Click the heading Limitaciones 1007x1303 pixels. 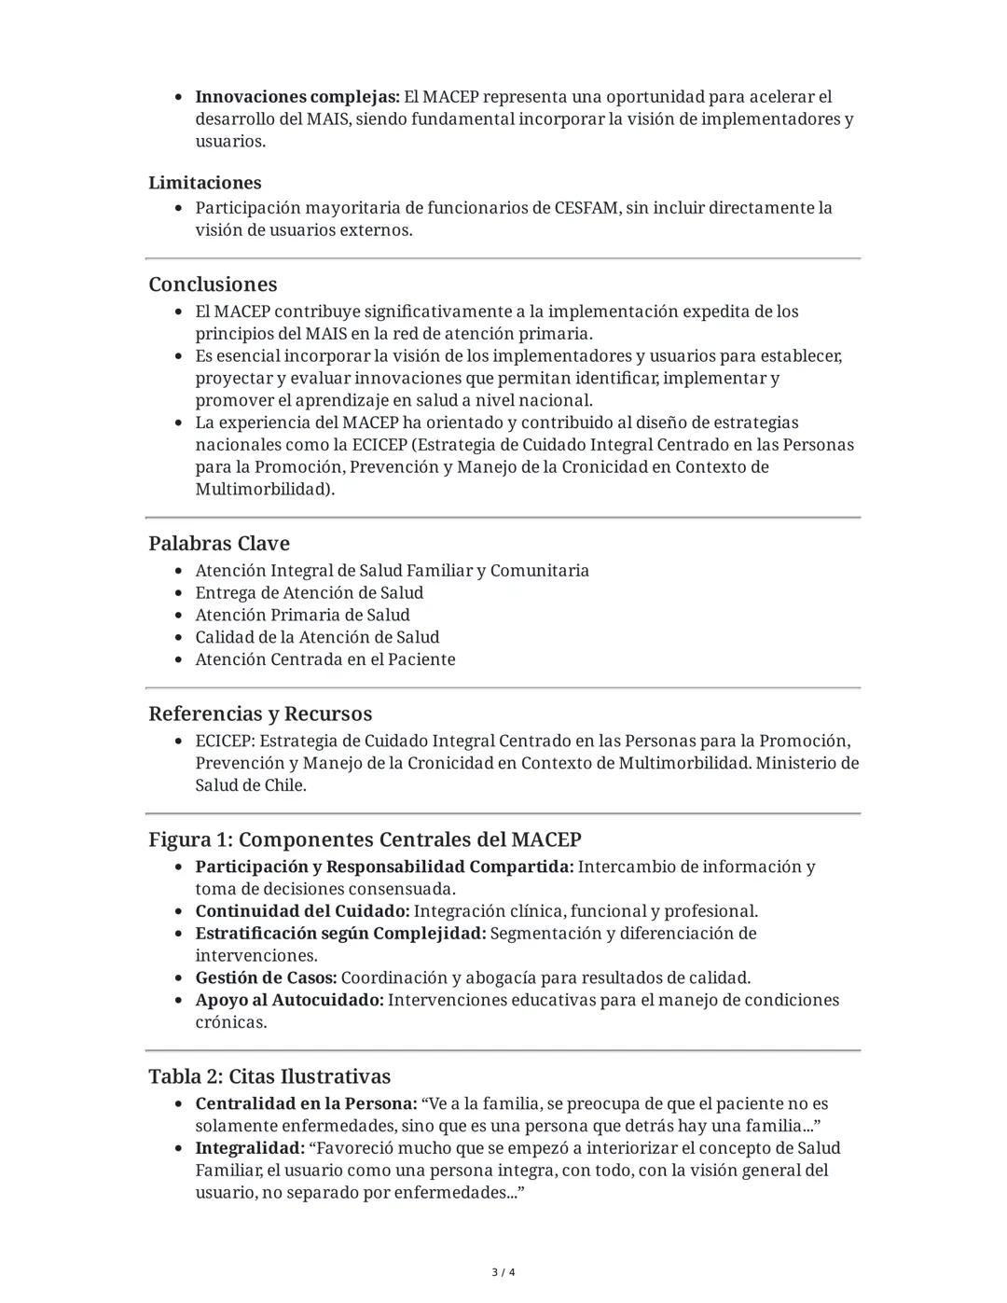pos(204,183)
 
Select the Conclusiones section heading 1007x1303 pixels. pos(213,284)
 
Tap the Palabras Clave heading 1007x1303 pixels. pos(219,544)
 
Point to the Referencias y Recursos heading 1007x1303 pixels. pos(260,714)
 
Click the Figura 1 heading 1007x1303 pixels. pos(365,839)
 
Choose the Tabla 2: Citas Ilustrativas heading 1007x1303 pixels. pos(269,1076)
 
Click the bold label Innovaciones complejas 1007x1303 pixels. pos(297,97)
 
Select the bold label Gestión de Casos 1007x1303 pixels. pos(266,978)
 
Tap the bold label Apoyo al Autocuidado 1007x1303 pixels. pos(289,1001)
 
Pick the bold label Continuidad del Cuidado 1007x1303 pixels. pos(302,911)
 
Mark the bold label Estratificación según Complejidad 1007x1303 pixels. pos(340,934)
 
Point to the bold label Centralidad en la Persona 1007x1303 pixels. pos(306,1104)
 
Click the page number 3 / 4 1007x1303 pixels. pos(504,1272)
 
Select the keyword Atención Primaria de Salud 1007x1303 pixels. pos(302,616)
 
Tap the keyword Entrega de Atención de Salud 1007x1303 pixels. pos(309,593)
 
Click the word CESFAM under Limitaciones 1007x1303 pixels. pos(586,208)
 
